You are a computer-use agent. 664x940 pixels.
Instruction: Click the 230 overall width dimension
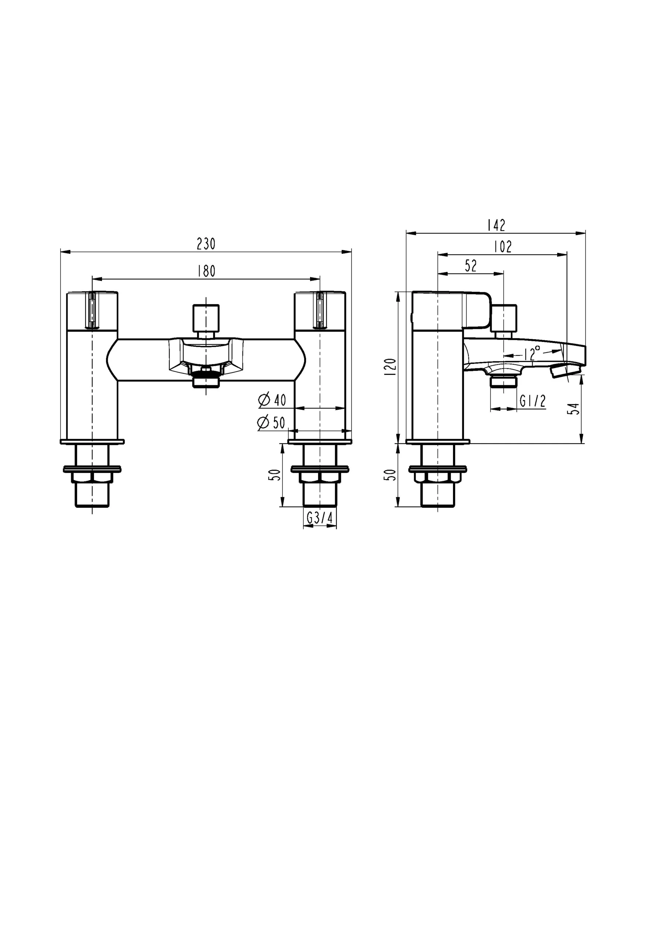[x=206, y=244]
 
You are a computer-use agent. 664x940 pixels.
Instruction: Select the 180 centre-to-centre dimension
[x=206, y=271]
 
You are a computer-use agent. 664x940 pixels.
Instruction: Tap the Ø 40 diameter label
[x=273, y=400]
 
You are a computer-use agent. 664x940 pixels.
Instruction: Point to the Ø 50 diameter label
[x=271, y=423]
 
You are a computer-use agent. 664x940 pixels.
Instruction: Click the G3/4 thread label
[x=320, y=518]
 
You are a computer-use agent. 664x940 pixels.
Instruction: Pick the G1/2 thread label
[x=533, y=401]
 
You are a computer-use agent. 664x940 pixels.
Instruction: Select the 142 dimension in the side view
[x=496, y=225]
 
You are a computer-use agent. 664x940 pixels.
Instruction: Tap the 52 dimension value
[x=471, y=266]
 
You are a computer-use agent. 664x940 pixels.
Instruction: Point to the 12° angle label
[x=532, y=352]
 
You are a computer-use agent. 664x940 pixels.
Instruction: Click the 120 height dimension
[x=391, y=367]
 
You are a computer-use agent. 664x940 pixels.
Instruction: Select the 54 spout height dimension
[x=575, y=409]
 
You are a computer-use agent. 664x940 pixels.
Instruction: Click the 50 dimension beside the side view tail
[x=391, y=474]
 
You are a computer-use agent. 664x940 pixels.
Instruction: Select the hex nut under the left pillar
[x=92, y=477]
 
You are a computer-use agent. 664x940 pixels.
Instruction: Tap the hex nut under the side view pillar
[x=437, y=477]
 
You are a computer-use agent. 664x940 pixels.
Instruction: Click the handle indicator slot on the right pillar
[x=320, y=310]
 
